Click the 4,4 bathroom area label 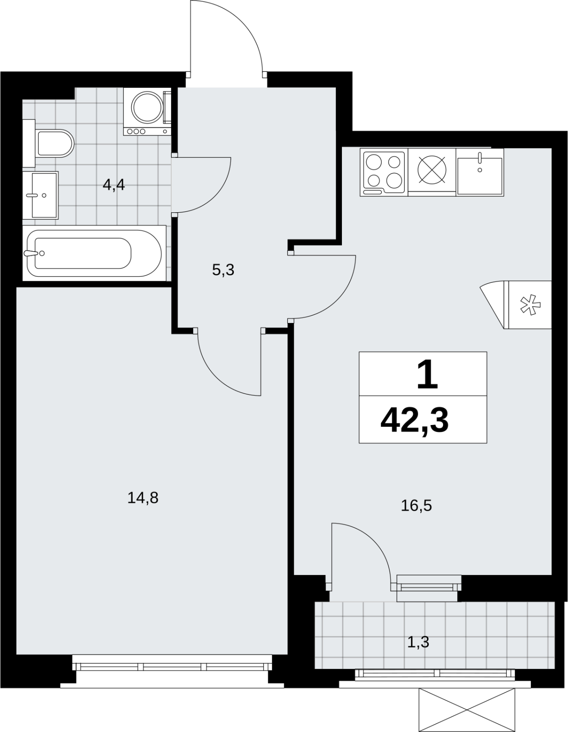tap(114, 185)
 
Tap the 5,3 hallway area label tap(223, 270)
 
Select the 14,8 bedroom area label tap(143, 497)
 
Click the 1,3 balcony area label tap(418, 642)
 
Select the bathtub tap(94, 253)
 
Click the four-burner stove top tap(384, 172)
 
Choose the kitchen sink tap(480, 172)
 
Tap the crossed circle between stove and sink tap(432, 170)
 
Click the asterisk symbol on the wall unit tap(530, 305)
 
